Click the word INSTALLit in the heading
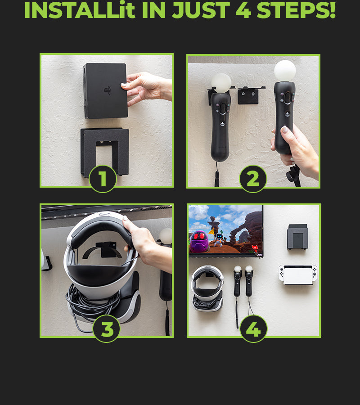pos(79,10)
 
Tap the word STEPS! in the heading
pos(296,10)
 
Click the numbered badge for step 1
pos(103,179)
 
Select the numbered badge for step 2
pos(253,179)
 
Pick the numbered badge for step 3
pos(107,329)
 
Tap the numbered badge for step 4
pos(253,329)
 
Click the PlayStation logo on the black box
pos(108,90)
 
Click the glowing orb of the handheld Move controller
pos(285,71)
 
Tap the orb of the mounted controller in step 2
pos(221,83)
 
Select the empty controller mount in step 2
pos(249,95)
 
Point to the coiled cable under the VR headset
pos(93,305)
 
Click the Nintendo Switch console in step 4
pos(298,274)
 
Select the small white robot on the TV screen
pos(219,239)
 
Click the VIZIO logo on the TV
pos(259,255)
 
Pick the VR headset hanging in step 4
pos(207,288)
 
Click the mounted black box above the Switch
pos(297,237)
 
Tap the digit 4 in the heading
pos(243,10)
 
